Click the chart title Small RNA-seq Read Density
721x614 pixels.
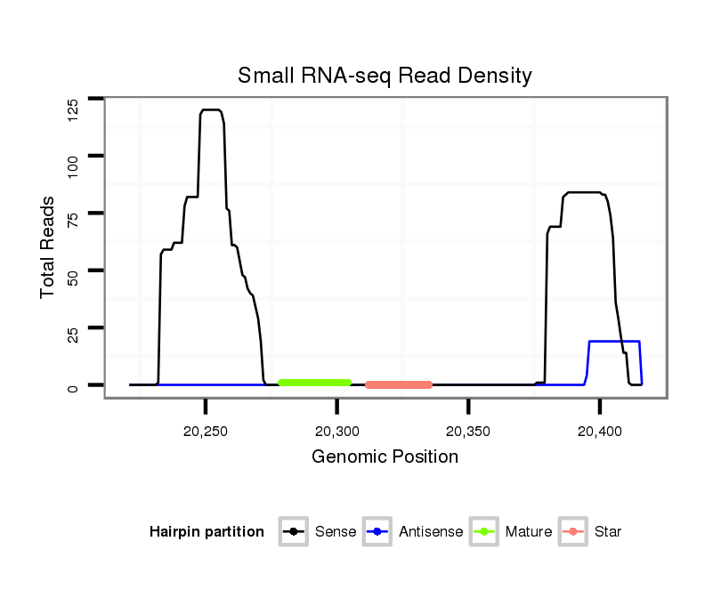pyautogui.click(x=385, y=76)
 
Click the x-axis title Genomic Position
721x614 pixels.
pyautogui.click(x=385, y=457)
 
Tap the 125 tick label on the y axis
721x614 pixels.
pyautogui.click(x=73, y=109)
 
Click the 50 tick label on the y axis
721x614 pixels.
pyautogui.click(x=73, y=270)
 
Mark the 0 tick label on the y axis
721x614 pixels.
pyautogui.click(x=73, y=385)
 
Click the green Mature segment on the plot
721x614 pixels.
pyautogui.click(x=314, y=383)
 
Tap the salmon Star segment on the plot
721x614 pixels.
pyautogui.click(x=399, y=384)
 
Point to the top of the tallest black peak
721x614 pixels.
pyautogui.click(x=211, y=109)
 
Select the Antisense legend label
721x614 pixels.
pyautogui.click(x=431, y=532)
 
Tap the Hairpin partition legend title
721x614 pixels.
pyautogui.click(x=207, y=532)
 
